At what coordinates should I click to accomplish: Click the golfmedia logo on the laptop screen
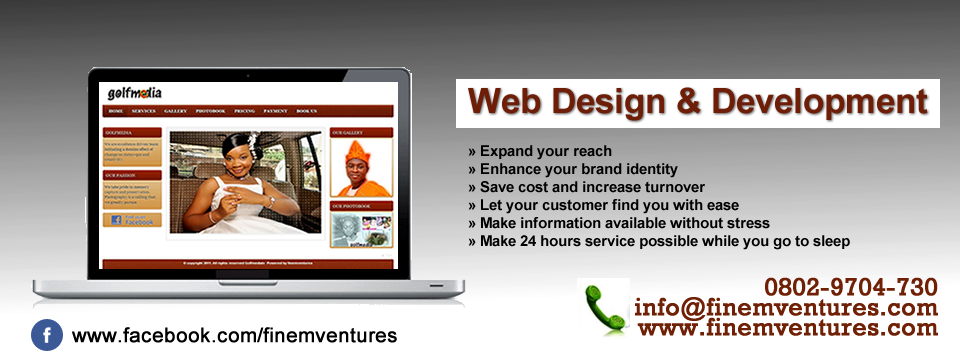pos(135,92)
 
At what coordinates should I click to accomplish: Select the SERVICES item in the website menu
pos(143,110)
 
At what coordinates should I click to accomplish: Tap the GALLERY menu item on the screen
pos(175,110)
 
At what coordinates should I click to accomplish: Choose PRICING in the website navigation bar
pos(244,110)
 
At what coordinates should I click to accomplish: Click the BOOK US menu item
pos(306,110)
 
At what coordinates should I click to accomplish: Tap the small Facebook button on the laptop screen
pos(131,219)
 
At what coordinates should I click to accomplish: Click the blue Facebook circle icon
pos(47,335)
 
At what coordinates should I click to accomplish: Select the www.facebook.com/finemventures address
pos(234,336)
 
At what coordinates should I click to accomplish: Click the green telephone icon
pos(604,309)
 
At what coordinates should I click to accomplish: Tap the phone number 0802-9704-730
pos(851,288)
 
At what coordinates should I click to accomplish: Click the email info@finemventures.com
pos(786,308)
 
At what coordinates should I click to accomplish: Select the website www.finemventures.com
pos(788,327)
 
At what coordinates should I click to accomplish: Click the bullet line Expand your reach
pos(539,151)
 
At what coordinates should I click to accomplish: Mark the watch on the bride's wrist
pos(271,200)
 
